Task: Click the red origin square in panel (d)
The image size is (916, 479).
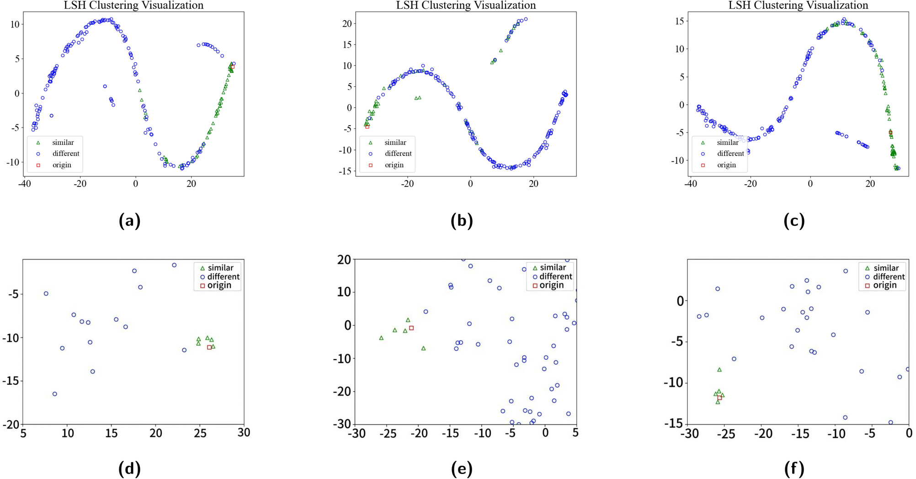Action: tap(209, 347)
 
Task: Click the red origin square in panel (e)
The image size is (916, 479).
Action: tap(411, 328)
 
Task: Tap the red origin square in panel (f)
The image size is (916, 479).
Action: tap(719, 398)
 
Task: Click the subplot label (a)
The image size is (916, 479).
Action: tap(129, 221)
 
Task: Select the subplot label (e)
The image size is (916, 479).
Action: tap(462, 469)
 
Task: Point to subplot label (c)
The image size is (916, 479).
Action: tap(794, 221)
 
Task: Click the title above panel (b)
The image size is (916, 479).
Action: tap(466, 5)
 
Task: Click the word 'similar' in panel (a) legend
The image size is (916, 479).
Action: tap(63, 143)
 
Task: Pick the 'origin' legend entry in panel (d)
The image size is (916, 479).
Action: tap(219, 285)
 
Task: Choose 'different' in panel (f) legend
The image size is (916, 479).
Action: tap(889, 277)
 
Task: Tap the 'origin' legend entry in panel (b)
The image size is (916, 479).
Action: tap(394, 165)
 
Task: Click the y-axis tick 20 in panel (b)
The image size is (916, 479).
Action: tap(346, 24)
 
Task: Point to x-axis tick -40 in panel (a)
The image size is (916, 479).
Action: tap(24, 184)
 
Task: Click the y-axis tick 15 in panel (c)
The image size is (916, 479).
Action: tap(679, 21)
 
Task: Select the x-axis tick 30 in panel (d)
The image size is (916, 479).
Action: tap(244, 432)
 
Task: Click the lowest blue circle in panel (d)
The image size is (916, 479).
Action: tap(55, 394)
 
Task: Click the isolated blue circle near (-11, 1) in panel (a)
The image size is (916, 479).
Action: tap(105, 86)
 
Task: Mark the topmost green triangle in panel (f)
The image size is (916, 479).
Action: tap(719, 370)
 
